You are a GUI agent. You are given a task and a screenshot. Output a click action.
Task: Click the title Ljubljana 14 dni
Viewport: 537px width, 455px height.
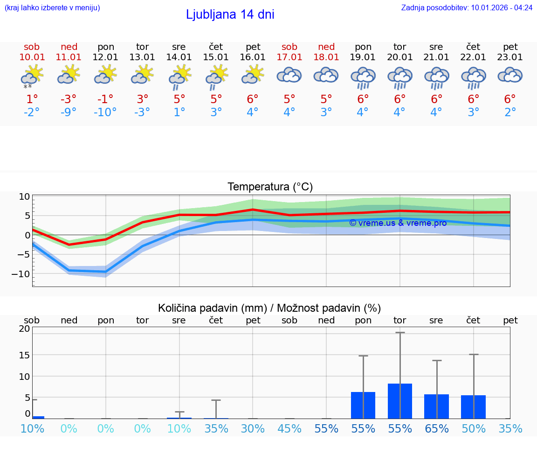(x=230, y=14)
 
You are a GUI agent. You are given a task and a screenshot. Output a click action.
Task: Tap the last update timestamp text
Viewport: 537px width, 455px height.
(x=466, y=7)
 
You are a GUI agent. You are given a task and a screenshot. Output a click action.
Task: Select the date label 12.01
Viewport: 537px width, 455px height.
(x=105, y=57)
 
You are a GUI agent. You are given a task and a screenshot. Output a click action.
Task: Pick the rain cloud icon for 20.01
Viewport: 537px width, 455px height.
(x=399, y=77)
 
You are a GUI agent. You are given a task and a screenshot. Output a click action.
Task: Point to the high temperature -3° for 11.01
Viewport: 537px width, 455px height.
(x=69, y=99)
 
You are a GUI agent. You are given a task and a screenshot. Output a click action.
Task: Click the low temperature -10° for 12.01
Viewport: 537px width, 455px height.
(x=105, y=112)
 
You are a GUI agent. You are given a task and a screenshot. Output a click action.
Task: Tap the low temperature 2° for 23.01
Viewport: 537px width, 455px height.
(x=510, y=112)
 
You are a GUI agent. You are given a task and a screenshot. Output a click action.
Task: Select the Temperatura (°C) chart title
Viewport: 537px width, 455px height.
(x=270, y=187)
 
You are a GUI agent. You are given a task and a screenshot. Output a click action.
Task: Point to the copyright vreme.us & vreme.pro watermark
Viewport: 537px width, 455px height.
(x=398, y=223)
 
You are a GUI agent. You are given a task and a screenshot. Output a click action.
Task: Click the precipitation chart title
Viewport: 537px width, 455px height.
(x=269, y=308)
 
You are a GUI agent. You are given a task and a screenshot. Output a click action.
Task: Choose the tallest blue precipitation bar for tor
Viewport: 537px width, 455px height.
(x=400, y=401)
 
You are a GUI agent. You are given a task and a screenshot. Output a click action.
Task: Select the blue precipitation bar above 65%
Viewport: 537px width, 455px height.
(x=436, y=406)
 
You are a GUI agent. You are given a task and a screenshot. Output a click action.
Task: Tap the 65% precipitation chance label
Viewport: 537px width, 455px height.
(x=437, y=428)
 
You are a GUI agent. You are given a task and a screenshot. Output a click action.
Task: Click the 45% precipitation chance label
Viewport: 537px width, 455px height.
(x=289, y=428)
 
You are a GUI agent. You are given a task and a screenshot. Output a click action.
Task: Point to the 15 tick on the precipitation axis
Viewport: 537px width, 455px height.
(x=24, y=355)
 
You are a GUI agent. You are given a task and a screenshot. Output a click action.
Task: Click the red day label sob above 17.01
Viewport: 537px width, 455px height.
(x=289, y=47)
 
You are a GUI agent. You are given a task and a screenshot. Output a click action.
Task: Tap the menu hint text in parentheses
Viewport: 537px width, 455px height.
(x=52, y=7)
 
